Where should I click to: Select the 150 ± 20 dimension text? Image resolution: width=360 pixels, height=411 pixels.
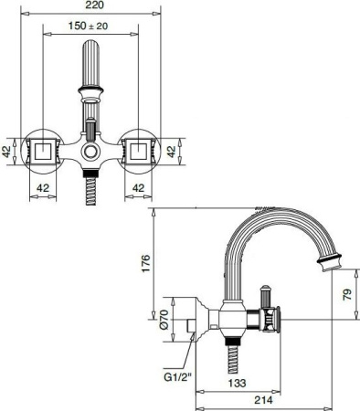pos(90,27)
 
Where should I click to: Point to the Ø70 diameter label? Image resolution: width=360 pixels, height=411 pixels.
pos(164,319)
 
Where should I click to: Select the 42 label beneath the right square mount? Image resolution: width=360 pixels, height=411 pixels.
pos(139,188)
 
